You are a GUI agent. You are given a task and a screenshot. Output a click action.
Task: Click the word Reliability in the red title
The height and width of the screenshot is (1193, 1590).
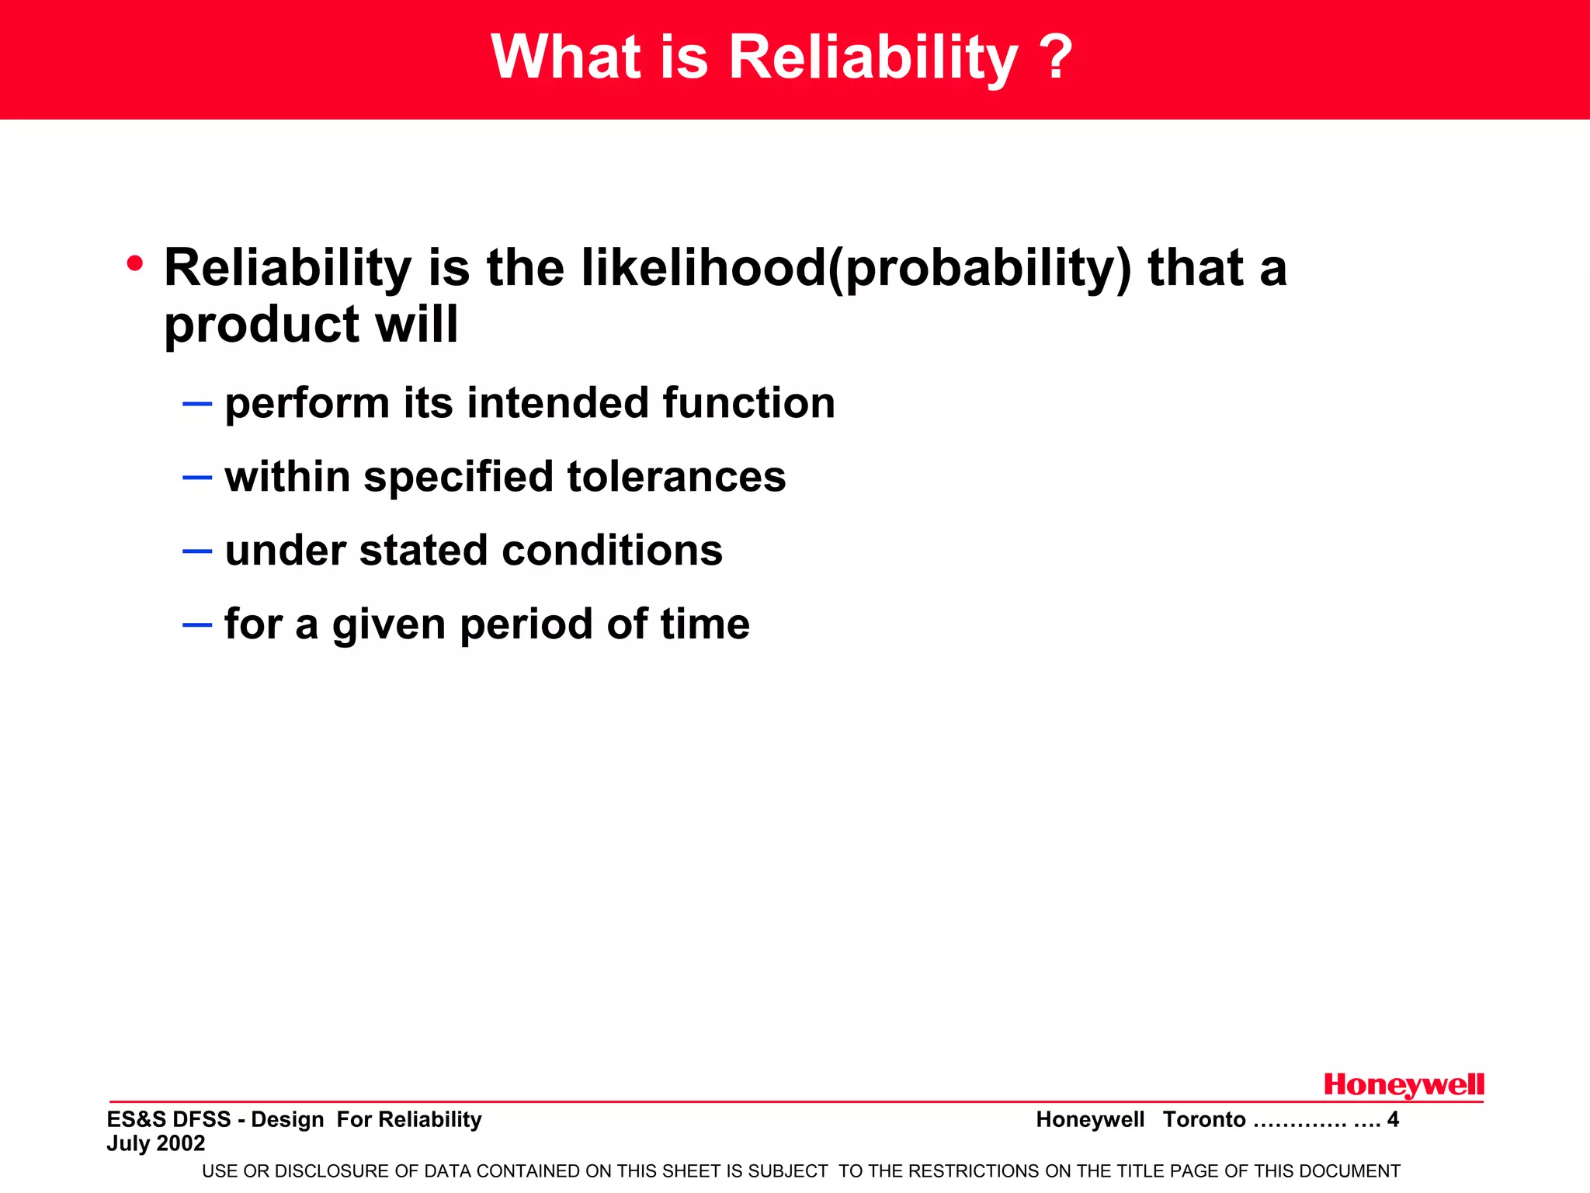[873, 58]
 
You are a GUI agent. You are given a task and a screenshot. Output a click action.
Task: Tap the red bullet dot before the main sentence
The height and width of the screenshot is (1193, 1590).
[135, 264]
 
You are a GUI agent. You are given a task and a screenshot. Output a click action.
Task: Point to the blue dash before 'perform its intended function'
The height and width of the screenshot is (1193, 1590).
[197, 404]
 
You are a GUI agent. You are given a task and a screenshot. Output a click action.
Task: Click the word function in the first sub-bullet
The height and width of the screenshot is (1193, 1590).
[748, 404]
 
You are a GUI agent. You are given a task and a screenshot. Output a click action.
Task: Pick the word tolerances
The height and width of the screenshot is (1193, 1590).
[676, 477]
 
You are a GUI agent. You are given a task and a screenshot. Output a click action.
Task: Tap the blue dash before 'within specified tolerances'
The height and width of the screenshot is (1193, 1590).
[197, 477]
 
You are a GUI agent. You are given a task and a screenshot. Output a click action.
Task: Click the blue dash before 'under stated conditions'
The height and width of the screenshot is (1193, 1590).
[197, 551]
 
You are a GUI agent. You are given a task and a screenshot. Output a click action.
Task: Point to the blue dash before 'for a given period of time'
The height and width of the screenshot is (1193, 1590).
[197, 624]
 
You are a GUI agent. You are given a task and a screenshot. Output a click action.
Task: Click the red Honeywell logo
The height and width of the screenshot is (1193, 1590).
[1403, 1086]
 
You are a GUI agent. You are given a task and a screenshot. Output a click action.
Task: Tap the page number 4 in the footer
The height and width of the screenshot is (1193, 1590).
[1393, 1119]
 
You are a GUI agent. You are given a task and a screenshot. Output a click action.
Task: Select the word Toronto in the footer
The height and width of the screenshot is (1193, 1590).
[1203, 1119]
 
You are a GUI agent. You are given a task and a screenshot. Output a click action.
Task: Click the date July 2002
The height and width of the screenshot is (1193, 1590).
[156, 1143]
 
